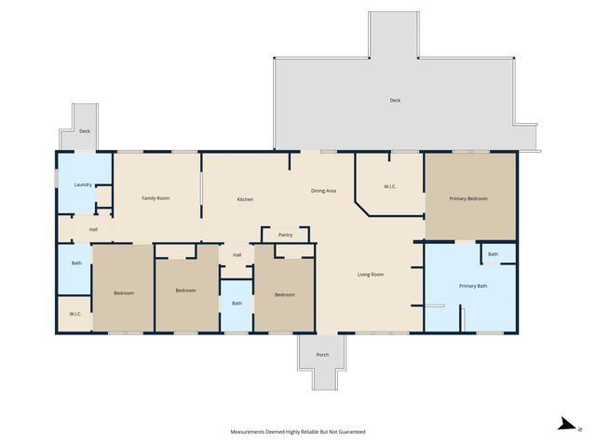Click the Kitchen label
click(245, 199)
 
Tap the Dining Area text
click(323, 191)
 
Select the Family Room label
click(156, 198)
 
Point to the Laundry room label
click(82, 184)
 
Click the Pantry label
click(285, 235)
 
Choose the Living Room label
click(371, 274)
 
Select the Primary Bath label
click(472, 286)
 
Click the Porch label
click(322, 355)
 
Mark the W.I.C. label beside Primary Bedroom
click(390, 187)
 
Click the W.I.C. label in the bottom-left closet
click(74, 314)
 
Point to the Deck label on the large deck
click(395, 101)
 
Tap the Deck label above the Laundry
click(84, 132)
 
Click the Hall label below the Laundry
click(93, 229)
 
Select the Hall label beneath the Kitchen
click(237, 254)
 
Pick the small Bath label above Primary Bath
click(493, 254)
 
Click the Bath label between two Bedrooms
click(237, 303)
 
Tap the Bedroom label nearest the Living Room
click(284, 294)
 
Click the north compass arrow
click(564, 426)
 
